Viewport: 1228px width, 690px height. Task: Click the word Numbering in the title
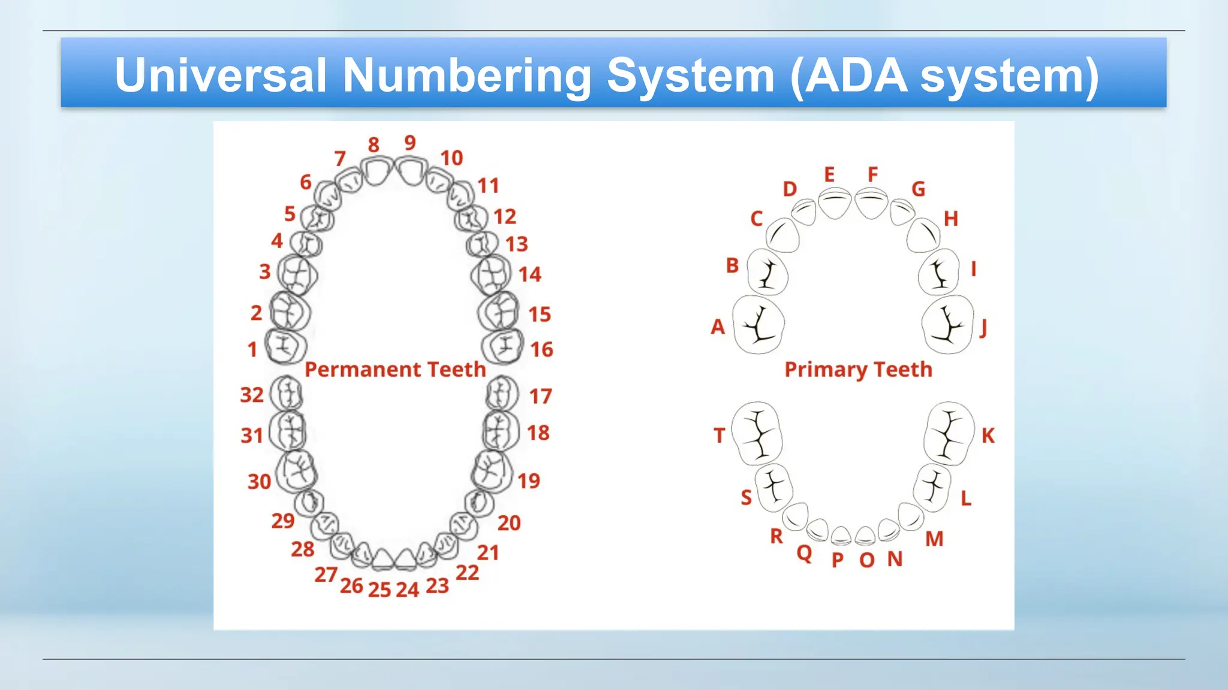[468, 76]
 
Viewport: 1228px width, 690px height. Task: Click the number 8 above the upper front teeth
[374, 144]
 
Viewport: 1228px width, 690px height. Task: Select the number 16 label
[541, 350]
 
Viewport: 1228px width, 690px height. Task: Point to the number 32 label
[252, 395]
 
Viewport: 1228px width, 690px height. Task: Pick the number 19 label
[529, 481]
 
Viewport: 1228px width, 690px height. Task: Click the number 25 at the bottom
[380, 590]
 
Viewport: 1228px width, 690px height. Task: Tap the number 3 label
[265, 271]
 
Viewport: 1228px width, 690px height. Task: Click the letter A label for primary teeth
[718, 327]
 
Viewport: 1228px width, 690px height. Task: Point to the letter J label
[983, 328]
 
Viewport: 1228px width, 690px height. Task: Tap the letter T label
[720, 435]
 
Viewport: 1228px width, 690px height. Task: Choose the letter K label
[988, 435]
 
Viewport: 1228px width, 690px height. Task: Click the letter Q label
[804, 553]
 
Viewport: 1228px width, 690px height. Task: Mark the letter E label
[829, 175]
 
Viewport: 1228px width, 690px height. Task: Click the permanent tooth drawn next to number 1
[285, 346]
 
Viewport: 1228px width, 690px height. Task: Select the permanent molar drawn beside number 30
[297, 471]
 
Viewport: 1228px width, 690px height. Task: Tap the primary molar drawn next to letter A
[759, 325]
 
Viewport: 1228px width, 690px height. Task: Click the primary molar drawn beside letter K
[949, 434]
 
